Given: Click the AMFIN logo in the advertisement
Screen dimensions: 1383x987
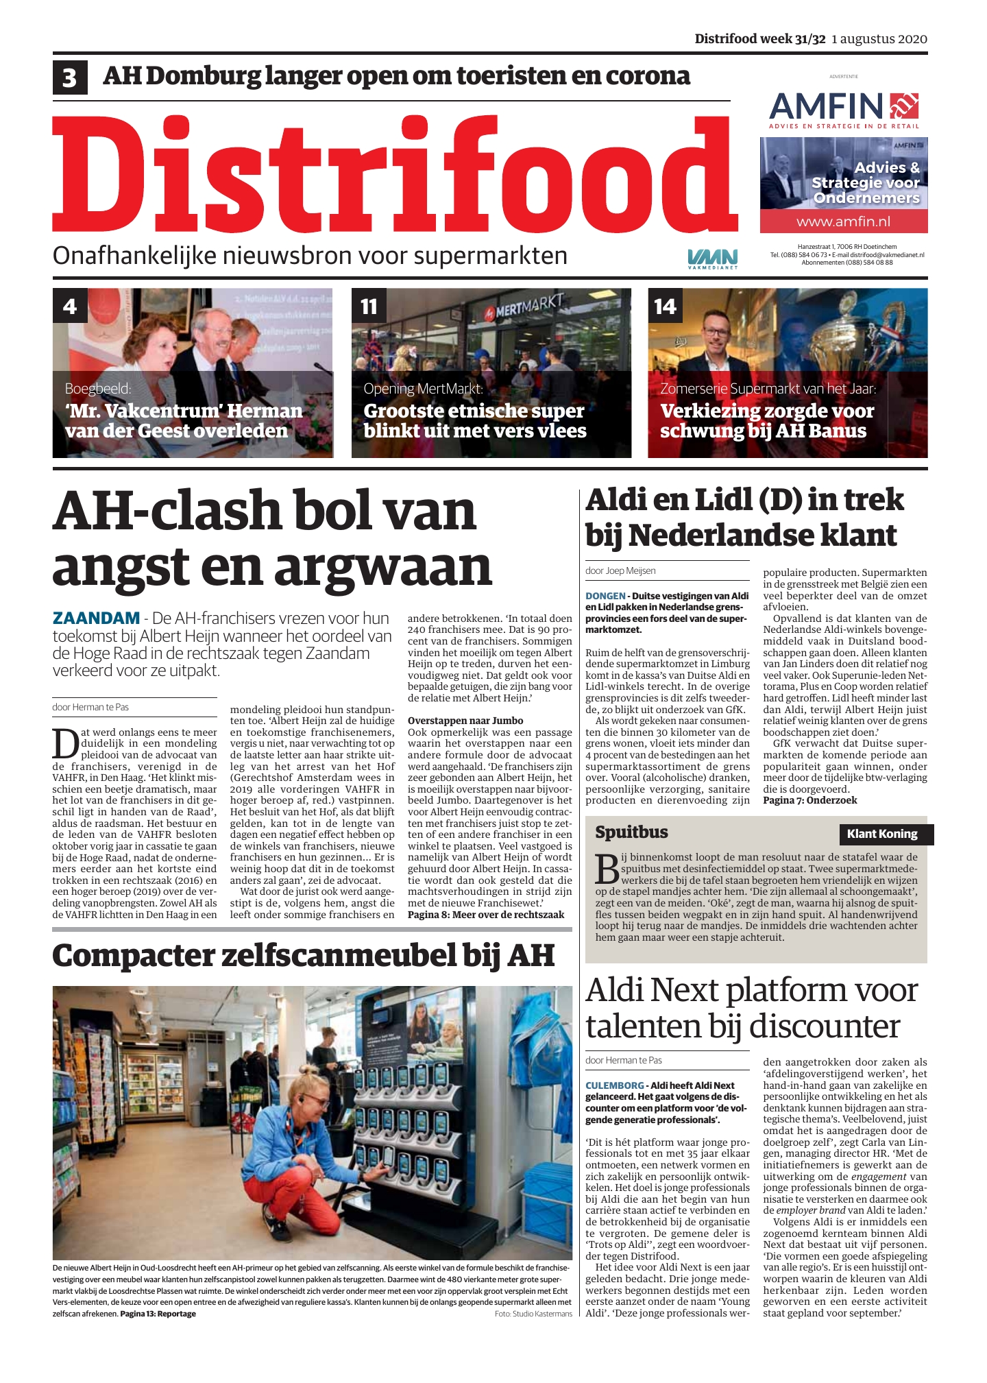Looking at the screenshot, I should [843, 108].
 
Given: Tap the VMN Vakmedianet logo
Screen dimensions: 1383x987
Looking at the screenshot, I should [713, 258].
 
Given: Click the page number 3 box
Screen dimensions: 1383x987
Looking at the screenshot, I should [69, 77].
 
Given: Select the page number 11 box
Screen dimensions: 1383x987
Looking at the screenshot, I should [369, 306].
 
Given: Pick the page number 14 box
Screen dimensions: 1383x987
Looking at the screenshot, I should [665, 306].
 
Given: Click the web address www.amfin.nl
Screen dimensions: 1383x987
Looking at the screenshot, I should [843, 221].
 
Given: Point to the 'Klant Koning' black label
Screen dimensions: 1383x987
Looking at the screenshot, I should [882, 834].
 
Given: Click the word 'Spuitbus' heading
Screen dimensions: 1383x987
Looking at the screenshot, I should [631, 832].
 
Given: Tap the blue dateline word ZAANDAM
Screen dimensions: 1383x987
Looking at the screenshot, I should [96, 618].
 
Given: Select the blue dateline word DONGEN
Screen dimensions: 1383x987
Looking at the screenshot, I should [605, 596].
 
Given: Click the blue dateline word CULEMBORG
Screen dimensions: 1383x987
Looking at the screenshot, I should [614, 1085].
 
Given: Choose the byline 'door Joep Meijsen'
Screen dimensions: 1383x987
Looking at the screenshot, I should [620, 570].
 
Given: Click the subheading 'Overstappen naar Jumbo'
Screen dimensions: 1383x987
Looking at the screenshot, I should [465, 721].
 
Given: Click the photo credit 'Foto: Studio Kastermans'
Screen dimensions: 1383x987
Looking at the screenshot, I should [533, 1314].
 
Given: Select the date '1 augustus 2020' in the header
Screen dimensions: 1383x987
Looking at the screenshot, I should [879, 39].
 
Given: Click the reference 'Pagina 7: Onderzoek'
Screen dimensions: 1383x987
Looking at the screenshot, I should [809, 800].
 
